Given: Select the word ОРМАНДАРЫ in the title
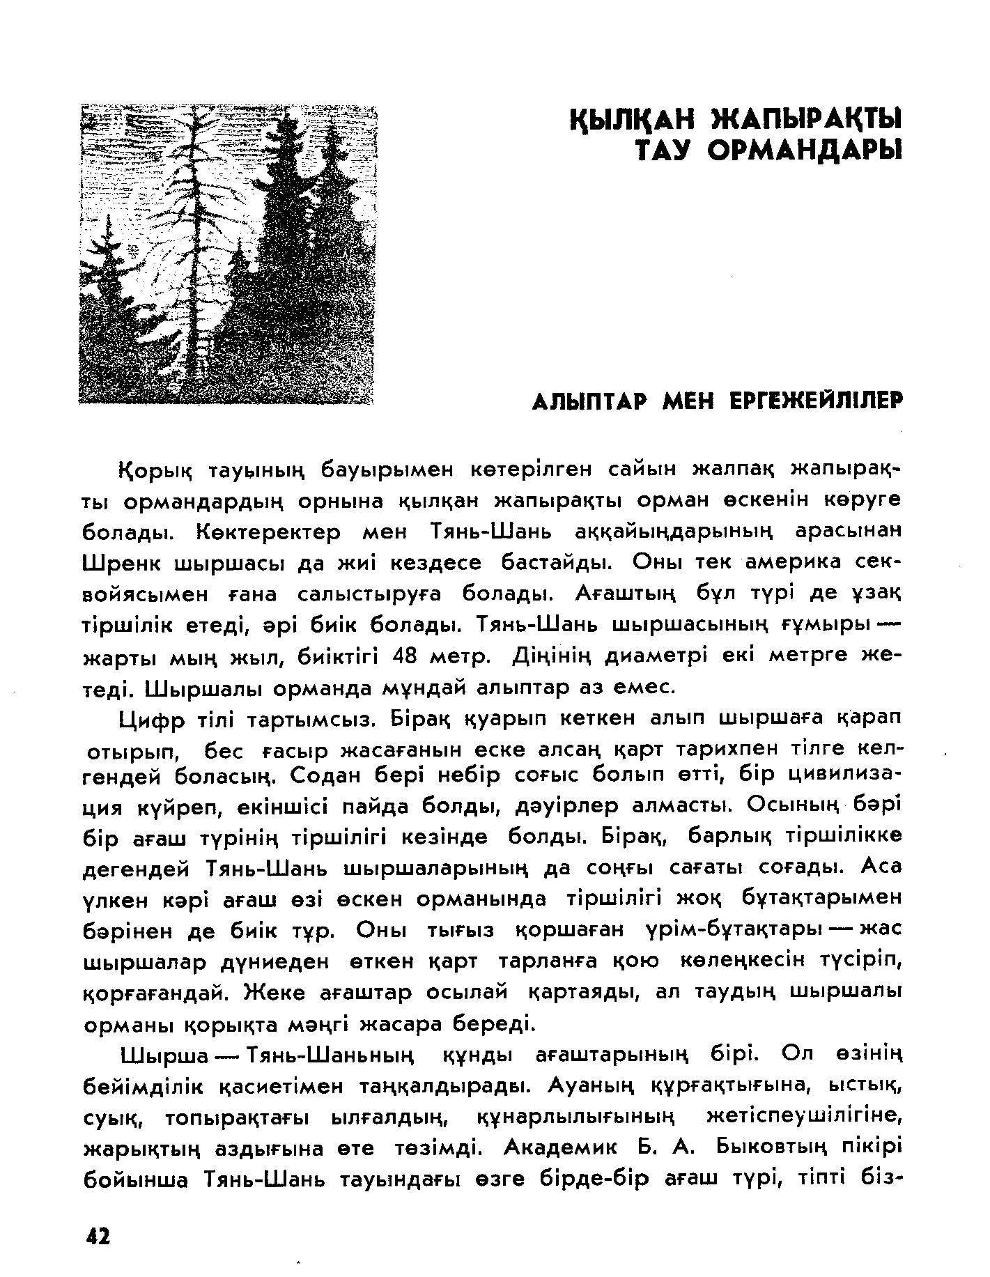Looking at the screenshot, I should tap(803, 149).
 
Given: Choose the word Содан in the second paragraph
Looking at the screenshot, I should tap(321, 775).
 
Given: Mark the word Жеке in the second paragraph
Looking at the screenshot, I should tap(273, 991).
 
